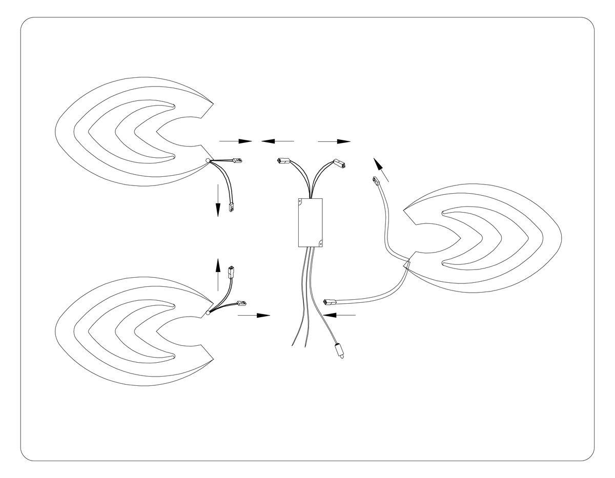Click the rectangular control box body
pyautogui.click(x=310, y=222)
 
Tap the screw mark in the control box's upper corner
pyautogui.click(x=301, y=202)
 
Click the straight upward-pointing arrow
pyautogui.click(x=217, y=275)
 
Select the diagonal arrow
pyautogui.click(x=381, y=170)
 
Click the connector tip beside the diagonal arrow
pyautogui.click(x=375, y=181)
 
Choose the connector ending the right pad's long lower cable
pyautogui.click(x=329, y=301)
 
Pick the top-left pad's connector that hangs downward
pyautogui.click(x=231, y=208)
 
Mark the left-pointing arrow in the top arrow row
pyautogui.click(x=277, y=140)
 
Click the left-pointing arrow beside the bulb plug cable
pyautogui.click(x=340, y=315)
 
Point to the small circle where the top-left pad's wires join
pyautogui.click(x=208, y=160)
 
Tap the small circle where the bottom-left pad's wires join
pyautogui.click(x=208, y=312)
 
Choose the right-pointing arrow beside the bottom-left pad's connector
pyautogui.click(x=254, y=315)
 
